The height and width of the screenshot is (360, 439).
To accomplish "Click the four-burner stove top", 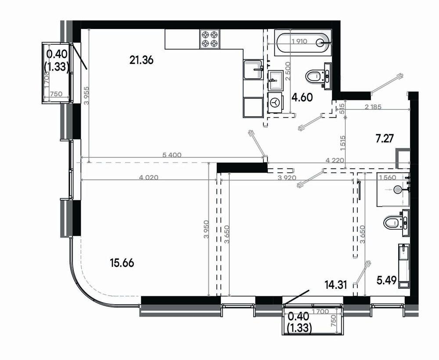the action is [210, 39].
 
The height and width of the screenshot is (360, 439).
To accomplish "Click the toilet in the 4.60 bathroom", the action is [318, 75].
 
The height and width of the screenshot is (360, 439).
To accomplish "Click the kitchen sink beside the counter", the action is [253, 69].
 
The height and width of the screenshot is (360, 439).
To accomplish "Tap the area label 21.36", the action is [141, 60].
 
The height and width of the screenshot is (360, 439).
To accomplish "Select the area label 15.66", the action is [122, 263].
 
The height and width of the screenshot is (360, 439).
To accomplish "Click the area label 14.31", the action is [336, 285].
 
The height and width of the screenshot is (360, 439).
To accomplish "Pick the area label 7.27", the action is [385, 138].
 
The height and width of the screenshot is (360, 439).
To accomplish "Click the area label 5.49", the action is [387, 280].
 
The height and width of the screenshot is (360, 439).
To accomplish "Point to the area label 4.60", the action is [302, 98].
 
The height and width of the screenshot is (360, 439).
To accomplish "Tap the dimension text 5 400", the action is [172, 155].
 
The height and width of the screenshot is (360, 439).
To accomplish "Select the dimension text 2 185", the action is [373, 107].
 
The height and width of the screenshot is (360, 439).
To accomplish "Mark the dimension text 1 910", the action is [299, 41].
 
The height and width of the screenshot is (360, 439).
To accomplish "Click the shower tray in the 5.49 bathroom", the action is [393, 190].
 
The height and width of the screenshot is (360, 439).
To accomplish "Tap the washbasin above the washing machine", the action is [276, 80].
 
